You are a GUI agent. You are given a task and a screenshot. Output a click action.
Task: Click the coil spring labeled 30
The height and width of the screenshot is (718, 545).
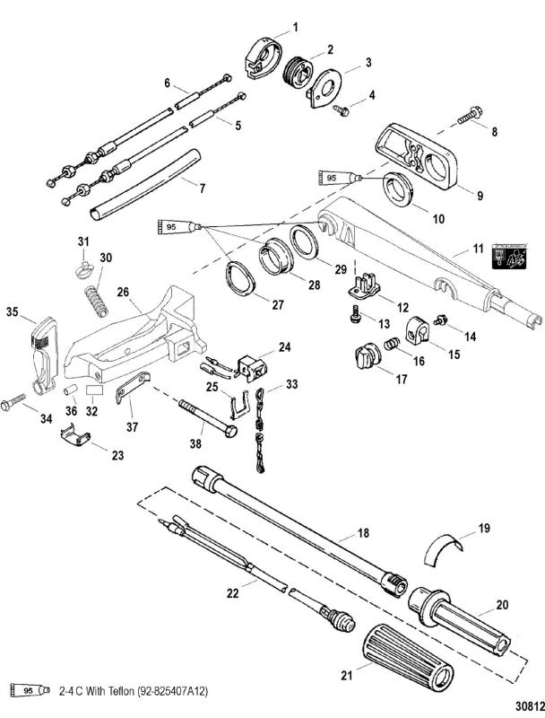point(97,296)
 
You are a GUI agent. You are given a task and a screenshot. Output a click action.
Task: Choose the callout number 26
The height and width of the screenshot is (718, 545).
point(123,291)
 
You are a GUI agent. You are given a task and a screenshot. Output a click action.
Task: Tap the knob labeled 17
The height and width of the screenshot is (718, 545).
point(364,360)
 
